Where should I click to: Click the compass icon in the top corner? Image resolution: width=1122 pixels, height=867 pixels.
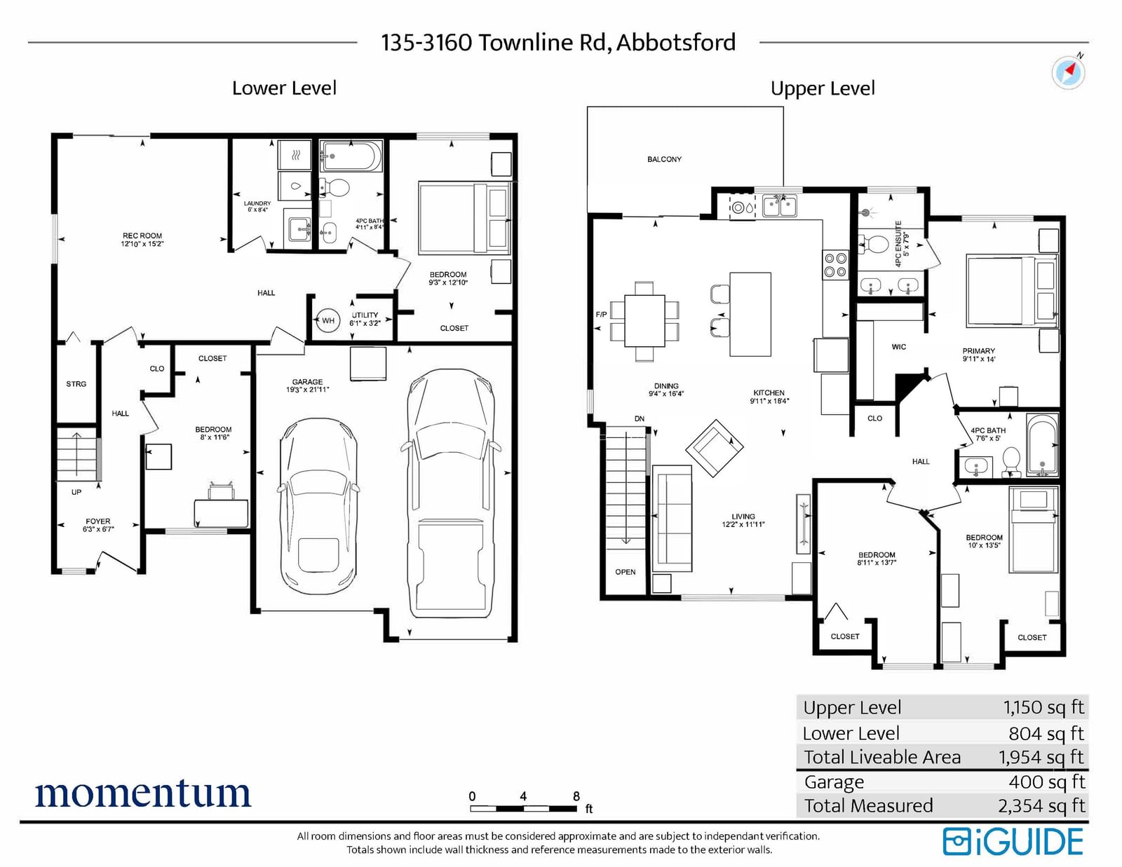1068,71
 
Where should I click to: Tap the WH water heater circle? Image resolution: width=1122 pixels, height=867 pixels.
328,320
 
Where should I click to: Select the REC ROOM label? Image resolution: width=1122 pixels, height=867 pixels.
142,235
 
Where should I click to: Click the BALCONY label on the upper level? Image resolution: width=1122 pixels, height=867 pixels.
664,160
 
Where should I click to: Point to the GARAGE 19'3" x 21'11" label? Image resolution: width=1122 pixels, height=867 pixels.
307,385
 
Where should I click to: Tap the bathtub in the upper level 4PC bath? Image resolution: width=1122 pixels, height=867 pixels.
1042,444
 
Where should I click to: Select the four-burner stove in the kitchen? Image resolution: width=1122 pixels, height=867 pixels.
835,264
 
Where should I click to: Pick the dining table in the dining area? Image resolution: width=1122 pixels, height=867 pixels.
644,320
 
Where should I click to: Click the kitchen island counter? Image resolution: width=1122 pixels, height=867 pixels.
750,314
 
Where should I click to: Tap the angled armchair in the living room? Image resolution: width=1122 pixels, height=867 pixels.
714,448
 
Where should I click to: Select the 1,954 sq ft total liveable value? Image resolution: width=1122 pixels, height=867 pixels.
1041,758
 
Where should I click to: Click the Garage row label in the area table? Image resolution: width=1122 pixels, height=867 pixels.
834,782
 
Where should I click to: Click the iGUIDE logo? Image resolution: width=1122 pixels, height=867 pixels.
1013,842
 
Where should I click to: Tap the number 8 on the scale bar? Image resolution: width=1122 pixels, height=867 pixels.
576,796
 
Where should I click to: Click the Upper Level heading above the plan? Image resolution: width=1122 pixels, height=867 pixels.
823,89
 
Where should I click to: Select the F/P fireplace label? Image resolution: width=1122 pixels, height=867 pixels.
601,314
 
